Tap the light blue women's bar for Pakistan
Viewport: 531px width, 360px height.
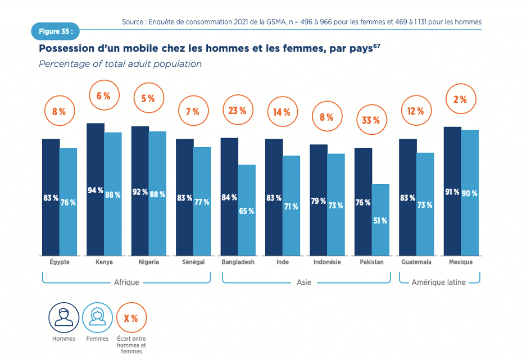coord(380,220)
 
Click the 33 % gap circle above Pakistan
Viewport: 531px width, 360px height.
coord(371,120)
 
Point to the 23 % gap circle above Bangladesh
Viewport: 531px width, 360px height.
coord(237,111)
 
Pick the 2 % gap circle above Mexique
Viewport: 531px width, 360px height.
coord(460,99)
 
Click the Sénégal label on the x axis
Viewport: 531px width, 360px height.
coord(193,262)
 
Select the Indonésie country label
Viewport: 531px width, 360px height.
coord(327,262)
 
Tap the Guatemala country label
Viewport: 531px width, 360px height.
coord(416,262)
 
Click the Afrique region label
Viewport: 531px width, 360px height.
coord(126,282)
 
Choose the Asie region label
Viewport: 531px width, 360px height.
coord(304,282)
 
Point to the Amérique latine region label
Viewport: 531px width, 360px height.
coord(438,282)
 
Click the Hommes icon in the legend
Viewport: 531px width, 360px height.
coord(63,317)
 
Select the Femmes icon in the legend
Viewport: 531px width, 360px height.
coord(97,317)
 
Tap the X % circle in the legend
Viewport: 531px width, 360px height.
coord(131,318)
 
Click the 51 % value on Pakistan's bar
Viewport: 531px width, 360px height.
coord(380,221)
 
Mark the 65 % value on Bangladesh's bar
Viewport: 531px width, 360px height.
coord(247,211)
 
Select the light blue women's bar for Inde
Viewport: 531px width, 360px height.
coord(291,206)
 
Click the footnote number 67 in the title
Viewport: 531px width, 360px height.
coord(376,45)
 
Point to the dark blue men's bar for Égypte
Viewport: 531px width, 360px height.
coord(51,197)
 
